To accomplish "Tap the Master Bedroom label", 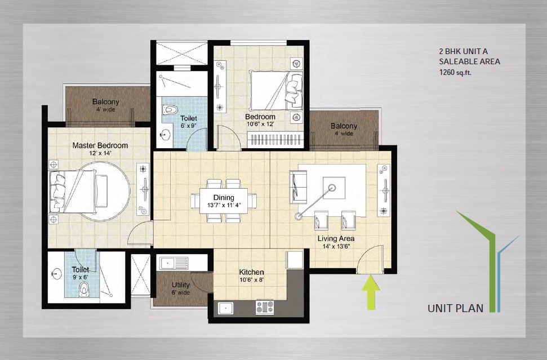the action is [x=100, y=145].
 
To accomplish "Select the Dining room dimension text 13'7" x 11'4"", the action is [x=224, y=205].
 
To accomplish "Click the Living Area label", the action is [x=336, y=239].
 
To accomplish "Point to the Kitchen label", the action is [x=251, y=272].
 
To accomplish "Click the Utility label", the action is [x=181, y=285].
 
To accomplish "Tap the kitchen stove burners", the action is [x=265, y=307].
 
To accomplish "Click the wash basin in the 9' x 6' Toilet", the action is [x=56, y=273].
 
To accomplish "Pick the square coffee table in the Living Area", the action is [x=334, y=188].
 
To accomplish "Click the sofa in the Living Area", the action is [x=298, y=186].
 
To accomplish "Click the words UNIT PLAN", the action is [x=456, y=308].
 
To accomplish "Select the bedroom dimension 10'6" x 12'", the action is [x=260, y=123].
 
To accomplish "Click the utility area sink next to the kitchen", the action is [x=174, y=263].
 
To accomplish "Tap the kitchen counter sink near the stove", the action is [x=226, y=308].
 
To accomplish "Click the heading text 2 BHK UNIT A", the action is [x=463, y=51].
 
